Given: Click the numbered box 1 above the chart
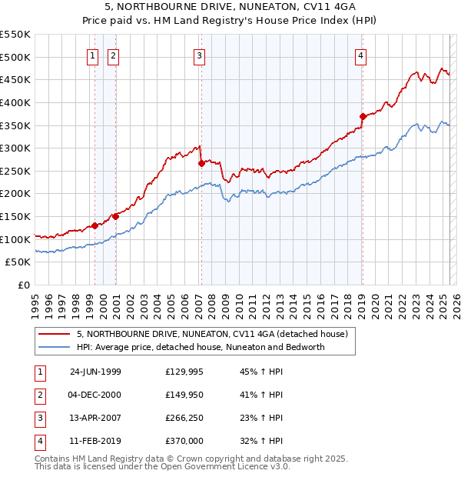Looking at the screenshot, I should (92, 55).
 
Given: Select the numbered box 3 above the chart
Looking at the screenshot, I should (199, 55).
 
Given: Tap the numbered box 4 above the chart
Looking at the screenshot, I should (360, 55).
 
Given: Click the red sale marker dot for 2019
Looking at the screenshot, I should (362, 116).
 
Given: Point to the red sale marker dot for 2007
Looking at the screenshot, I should (201, 163).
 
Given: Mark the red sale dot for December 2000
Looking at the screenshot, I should (115, 216).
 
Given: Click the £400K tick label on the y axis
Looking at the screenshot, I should (15, 102).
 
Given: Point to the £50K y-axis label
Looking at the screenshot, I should (18, 262).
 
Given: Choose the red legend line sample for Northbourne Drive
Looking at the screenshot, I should (54, 335).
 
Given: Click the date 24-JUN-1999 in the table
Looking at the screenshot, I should (95, 372).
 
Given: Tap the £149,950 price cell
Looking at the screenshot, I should (184, 395).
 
